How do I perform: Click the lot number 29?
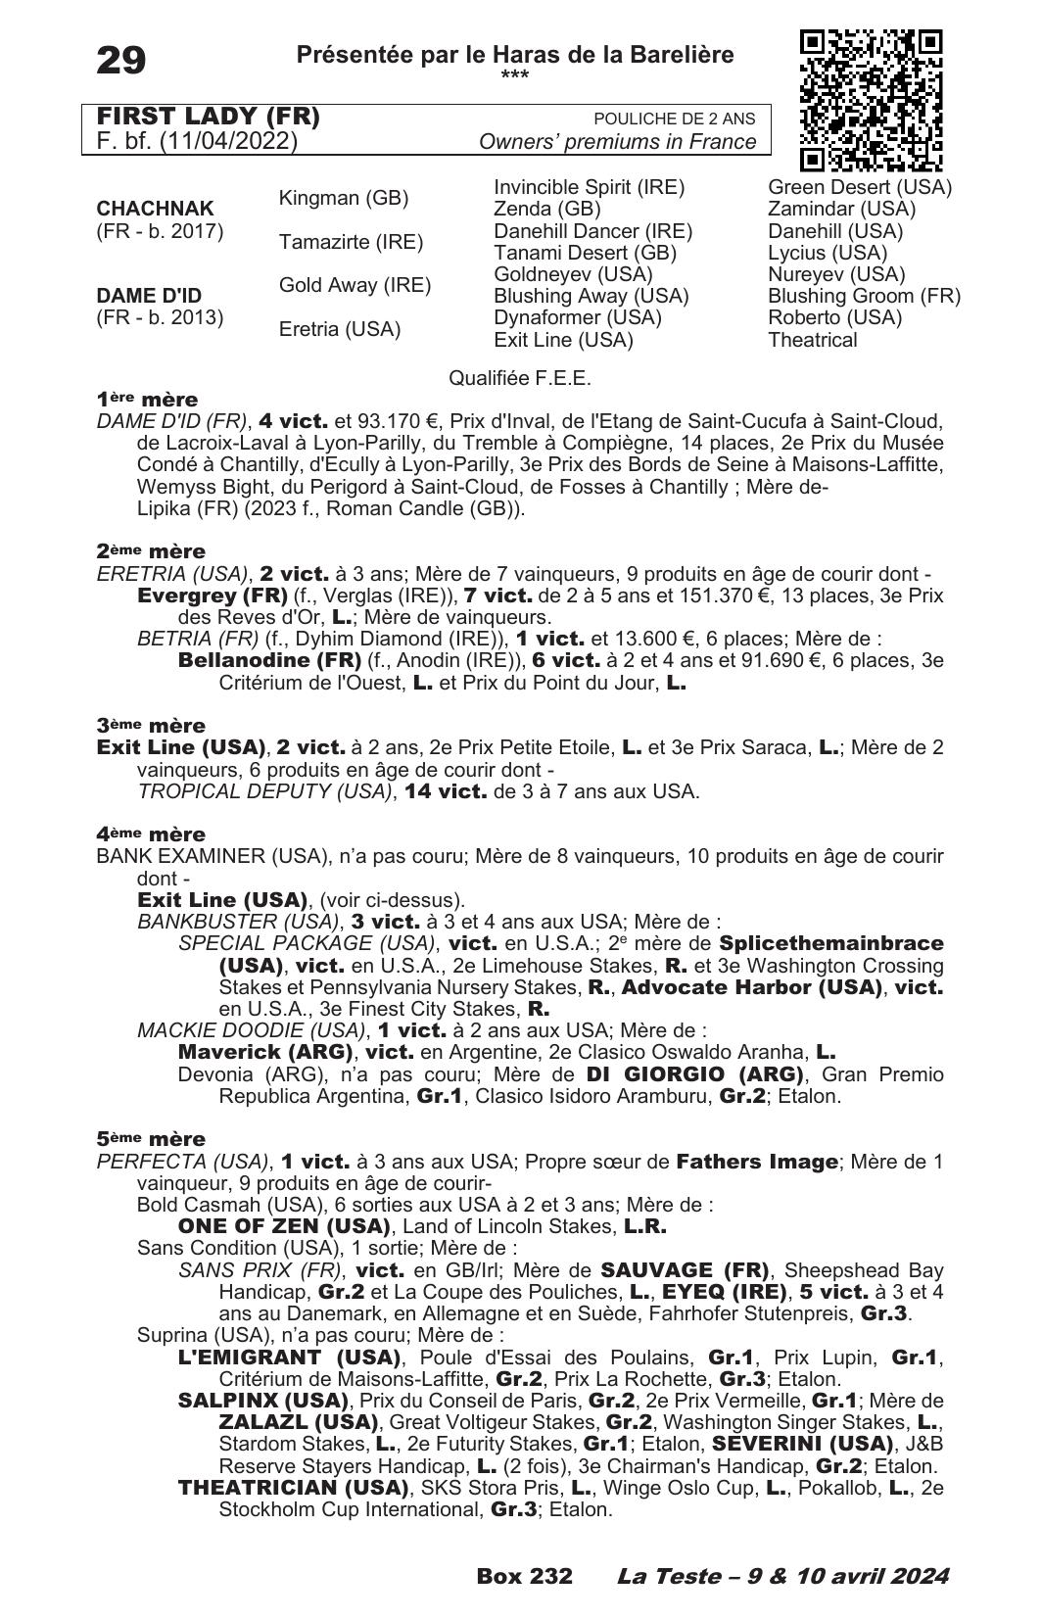(x=121, y=62)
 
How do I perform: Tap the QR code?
(x=871, y=100)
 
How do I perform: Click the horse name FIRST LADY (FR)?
(x=209, y=118)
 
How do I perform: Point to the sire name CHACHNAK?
(x=155, y=209)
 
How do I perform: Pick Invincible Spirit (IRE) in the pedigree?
(x=589, y=187)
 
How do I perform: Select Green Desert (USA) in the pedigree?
(x=859, y=187)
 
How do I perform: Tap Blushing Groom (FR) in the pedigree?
(x=864, y=296)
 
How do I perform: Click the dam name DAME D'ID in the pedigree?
(x=149, y=296)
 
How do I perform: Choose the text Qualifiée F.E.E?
(x=520, y=378)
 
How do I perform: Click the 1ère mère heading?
(x=147, y=400)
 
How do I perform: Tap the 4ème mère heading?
(x=151, y=834)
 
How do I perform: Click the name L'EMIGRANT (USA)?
(x=290, y=1358)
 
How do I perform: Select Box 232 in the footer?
(x=524, y=1576)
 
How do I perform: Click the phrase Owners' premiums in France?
(x=617, y=142)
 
